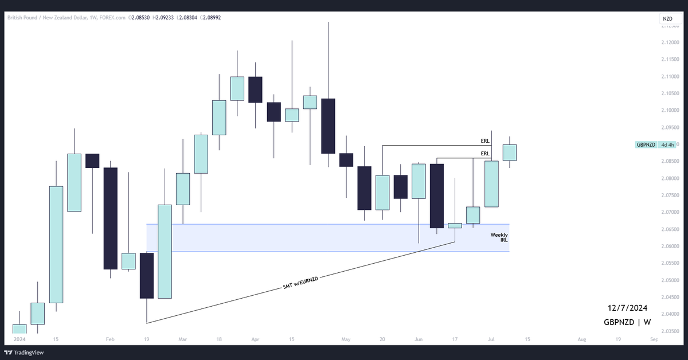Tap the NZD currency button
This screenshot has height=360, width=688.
tap(667, 19)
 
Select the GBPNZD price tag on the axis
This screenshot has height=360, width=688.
tap(646, 144)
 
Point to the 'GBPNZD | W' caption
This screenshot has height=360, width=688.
tap(627, 322)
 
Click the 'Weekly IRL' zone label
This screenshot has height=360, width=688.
tap(499, 237)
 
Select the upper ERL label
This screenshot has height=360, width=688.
tap(485, 140)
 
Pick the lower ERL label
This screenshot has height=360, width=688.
tap(485, 154)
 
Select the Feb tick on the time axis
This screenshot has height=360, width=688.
tap(111, 339)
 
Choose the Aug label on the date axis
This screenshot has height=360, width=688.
tap(582, 339)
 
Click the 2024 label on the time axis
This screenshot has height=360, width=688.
tap(19, 339)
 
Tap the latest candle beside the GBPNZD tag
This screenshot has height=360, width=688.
tap(510, 152)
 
